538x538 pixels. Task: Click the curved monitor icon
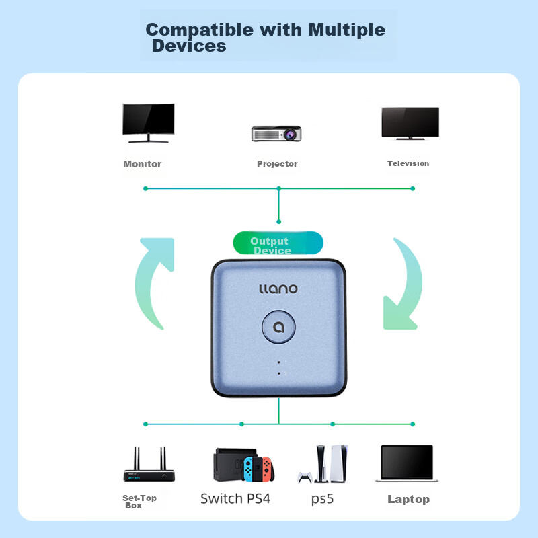(148, 122)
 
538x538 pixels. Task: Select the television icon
(410, 122)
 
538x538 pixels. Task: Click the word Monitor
(143, 164)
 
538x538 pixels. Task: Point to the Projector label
(277, 164)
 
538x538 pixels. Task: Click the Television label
(408, 163)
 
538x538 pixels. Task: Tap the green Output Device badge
(277, 243)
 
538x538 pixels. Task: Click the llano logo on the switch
(278, 289)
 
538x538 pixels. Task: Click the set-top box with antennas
(149, 465)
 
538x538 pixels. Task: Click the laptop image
(410, 463)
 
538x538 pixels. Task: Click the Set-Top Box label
(139, 502)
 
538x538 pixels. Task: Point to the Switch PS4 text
(235, 499)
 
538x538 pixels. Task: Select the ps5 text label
(322, 500)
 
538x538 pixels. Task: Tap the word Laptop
(408, 499)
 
